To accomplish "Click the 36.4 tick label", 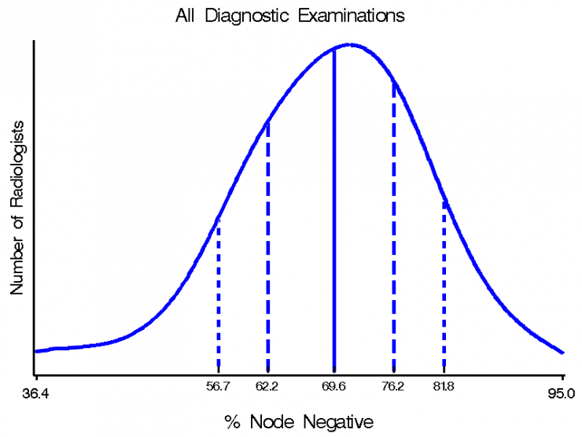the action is (x=35, y=394).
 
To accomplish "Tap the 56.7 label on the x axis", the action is (x=219, y=387).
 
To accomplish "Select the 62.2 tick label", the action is (x=267, y=387).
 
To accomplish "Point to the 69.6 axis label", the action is (x=333, y=387).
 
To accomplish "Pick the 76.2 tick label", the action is (x=392, y=387).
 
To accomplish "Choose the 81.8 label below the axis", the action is (x=444, y=387).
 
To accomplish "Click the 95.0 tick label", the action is (x=562, y=394).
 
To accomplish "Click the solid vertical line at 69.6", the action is (x=334, y=209).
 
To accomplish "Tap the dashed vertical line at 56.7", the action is (x=219, y=294).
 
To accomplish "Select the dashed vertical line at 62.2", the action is (x=268, y=246).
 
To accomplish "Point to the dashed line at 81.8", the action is (x=444, y=285).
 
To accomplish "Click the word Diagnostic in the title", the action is (x=247, y=16).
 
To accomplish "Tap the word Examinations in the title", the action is (x=352, y=16).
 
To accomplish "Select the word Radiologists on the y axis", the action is (x=17, y=165).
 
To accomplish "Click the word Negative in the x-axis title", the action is (x=338, y=422).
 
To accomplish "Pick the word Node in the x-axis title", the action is (x=272, y=422).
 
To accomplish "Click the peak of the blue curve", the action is (x=350, y=45).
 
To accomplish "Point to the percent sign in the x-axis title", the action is (x=232, y=422).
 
